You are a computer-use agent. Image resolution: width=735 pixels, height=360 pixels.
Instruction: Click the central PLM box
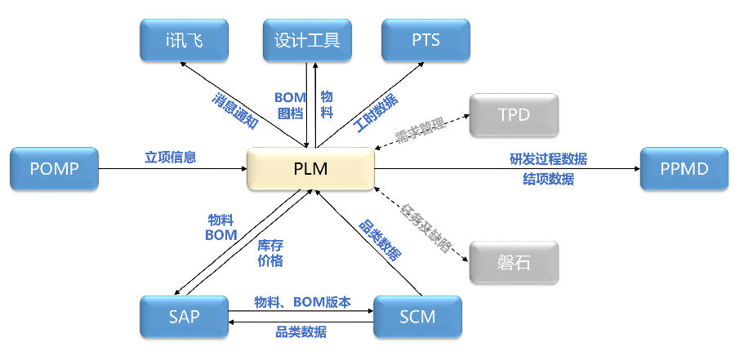pos(310,170)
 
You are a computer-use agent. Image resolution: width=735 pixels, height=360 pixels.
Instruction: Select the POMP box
pos(53,170)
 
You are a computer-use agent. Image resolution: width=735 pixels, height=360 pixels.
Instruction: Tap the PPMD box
pos(683,170)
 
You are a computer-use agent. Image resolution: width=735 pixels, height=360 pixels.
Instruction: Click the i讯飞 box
pos(183,39)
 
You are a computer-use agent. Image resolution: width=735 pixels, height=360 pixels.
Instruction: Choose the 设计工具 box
pos(307,39)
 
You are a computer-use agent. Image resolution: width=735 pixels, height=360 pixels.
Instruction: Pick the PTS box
pos(425,39)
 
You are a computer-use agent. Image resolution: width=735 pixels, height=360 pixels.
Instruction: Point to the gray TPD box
pos(514,115)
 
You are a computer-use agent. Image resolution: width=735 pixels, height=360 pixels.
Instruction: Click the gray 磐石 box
pos(514,262)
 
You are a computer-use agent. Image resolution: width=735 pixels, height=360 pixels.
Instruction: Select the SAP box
pos(183,317)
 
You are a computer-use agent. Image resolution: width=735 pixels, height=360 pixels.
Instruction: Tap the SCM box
pos(417,317)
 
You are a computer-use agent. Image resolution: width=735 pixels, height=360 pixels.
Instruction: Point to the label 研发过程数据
pos(548,158)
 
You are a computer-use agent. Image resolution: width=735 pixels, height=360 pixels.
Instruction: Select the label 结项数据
pos(548,180)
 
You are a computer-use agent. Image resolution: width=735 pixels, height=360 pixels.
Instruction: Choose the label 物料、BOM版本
pos(302,302)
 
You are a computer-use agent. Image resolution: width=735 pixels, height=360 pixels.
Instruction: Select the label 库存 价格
pos(270,253)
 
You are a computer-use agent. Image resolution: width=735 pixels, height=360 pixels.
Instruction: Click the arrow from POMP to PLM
pos(171,170)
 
